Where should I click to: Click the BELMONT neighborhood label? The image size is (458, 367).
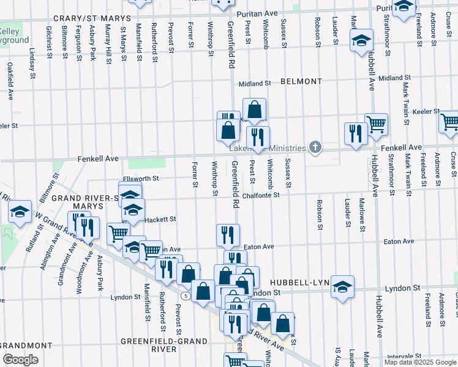click(301, 81)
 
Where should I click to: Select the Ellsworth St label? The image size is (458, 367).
click(140, 179)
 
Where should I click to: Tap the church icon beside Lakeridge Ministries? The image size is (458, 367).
click(315, 147)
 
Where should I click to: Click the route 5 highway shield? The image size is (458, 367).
click(185, 295)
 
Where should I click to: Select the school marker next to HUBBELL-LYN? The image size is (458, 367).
click(342, 286)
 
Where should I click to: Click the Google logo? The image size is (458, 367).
click(20, 360)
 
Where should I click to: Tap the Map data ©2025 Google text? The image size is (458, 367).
click(421, 362)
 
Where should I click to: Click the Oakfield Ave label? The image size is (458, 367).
click(10, 81)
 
